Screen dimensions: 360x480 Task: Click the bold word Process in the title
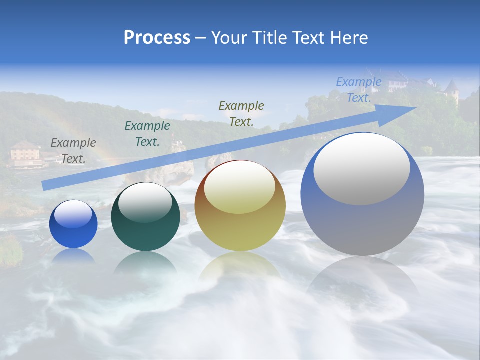click(157, 38)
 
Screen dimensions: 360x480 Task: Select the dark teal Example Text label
click(147, 134)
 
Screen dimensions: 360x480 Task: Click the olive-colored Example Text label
click(241, 113)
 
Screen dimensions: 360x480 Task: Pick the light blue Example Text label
click(359, 90)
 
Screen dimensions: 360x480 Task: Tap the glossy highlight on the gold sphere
click(240, 186)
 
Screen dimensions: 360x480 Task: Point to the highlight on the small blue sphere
click(73, 214)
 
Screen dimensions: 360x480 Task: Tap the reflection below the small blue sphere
click(73, 256)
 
